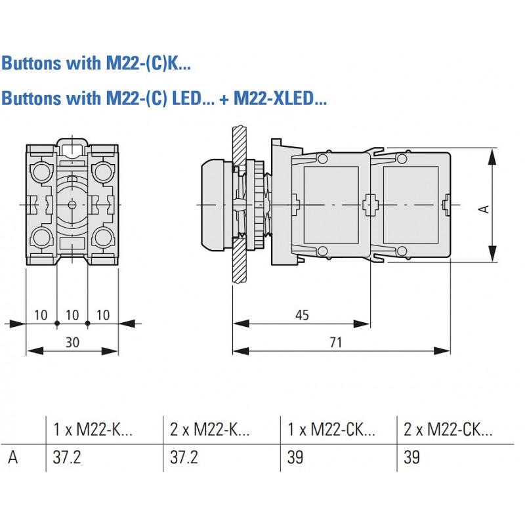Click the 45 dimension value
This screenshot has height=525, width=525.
[302, 315]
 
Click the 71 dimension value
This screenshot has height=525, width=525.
[335, 342]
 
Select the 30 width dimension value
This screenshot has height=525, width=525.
[72, 342]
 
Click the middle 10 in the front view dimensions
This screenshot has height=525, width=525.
[72, 315]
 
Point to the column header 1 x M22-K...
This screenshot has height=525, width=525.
[93, 429]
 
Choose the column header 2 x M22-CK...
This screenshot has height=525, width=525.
[448, 429]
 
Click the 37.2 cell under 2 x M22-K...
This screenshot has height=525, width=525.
[184, 457]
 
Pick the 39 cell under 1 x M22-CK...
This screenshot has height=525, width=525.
[295, 457]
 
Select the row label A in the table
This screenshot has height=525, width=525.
[12, 457]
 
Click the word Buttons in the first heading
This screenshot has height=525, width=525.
[31, 63]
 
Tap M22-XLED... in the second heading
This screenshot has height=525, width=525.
[280, 98]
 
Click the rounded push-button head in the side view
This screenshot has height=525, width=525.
[217, 205]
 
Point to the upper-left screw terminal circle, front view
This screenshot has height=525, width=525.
[41, 172]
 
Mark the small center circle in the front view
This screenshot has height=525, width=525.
[72, 205]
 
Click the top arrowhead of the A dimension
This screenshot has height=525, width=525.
[492, 157]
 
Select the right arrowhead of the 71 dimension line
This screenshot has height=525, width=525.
[442, 351]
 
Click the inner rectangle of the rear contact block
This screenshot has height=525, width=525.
[411, 205]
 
